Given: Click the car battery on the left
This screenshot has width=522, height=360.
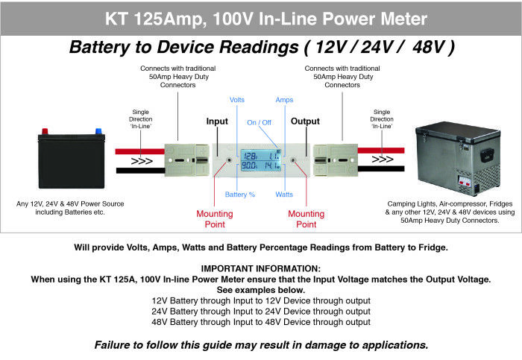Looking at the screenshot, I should pyautogui.click(x=72, y=160).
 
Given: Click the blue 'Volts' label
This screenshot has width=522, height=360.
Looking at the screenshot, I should pyautogui.click(x=237, y=99).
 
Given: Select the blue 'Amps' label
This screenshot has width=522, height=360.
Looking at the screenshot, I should pyautogui.click(x=284, y=99).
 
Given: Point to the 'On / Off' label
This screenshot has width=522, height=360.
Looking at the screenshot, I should pyautogui.click(x=260, y=121).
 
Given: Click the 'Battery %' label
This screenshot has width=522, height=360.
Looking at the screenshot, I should pyautogui.click(x=240, y=195).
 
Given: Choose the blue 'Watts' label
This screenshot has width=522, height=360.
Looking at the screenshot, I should pyautogui.click(x=283, y=195).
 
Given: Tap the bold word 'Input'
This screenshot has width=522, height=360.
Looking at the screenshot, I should pyautogui.click(x=217, y=121).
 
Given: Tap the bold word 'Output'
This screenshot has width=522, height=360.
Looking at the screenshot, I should pyautogui.click(x=304, y=121).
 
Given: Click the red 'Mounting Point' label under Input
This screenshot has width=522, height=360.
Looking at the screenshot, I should pyautogui.click(x=215, y=218).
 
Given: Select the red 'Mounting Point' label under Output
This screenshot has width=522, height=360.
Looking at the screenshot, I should pyautogui.click(x=306, y=218).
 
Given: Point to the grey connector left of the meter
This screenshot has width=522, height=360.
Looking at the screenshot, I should pyautogui.click(x=189, y=159).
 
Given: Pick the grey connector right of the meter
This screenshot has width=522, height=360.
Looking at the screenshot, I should pyautogui.click(x=334, y=159).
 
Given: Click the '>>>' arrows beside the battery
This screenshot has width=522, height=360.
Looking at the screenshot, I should pyautogui.click(x=141, y=159).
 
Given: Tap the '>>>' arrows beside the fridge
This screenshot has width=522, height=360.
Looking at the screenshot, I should pyautogui.click(x=382, y=159).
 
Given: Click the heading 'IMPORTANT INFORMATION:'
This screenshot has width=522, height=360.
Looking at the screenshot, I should pyautogui.click(x=261, y=268).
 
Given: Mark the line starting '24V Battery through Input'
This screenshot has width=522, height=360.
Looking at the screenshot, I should pyautogui.click(x=261, y=312).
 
